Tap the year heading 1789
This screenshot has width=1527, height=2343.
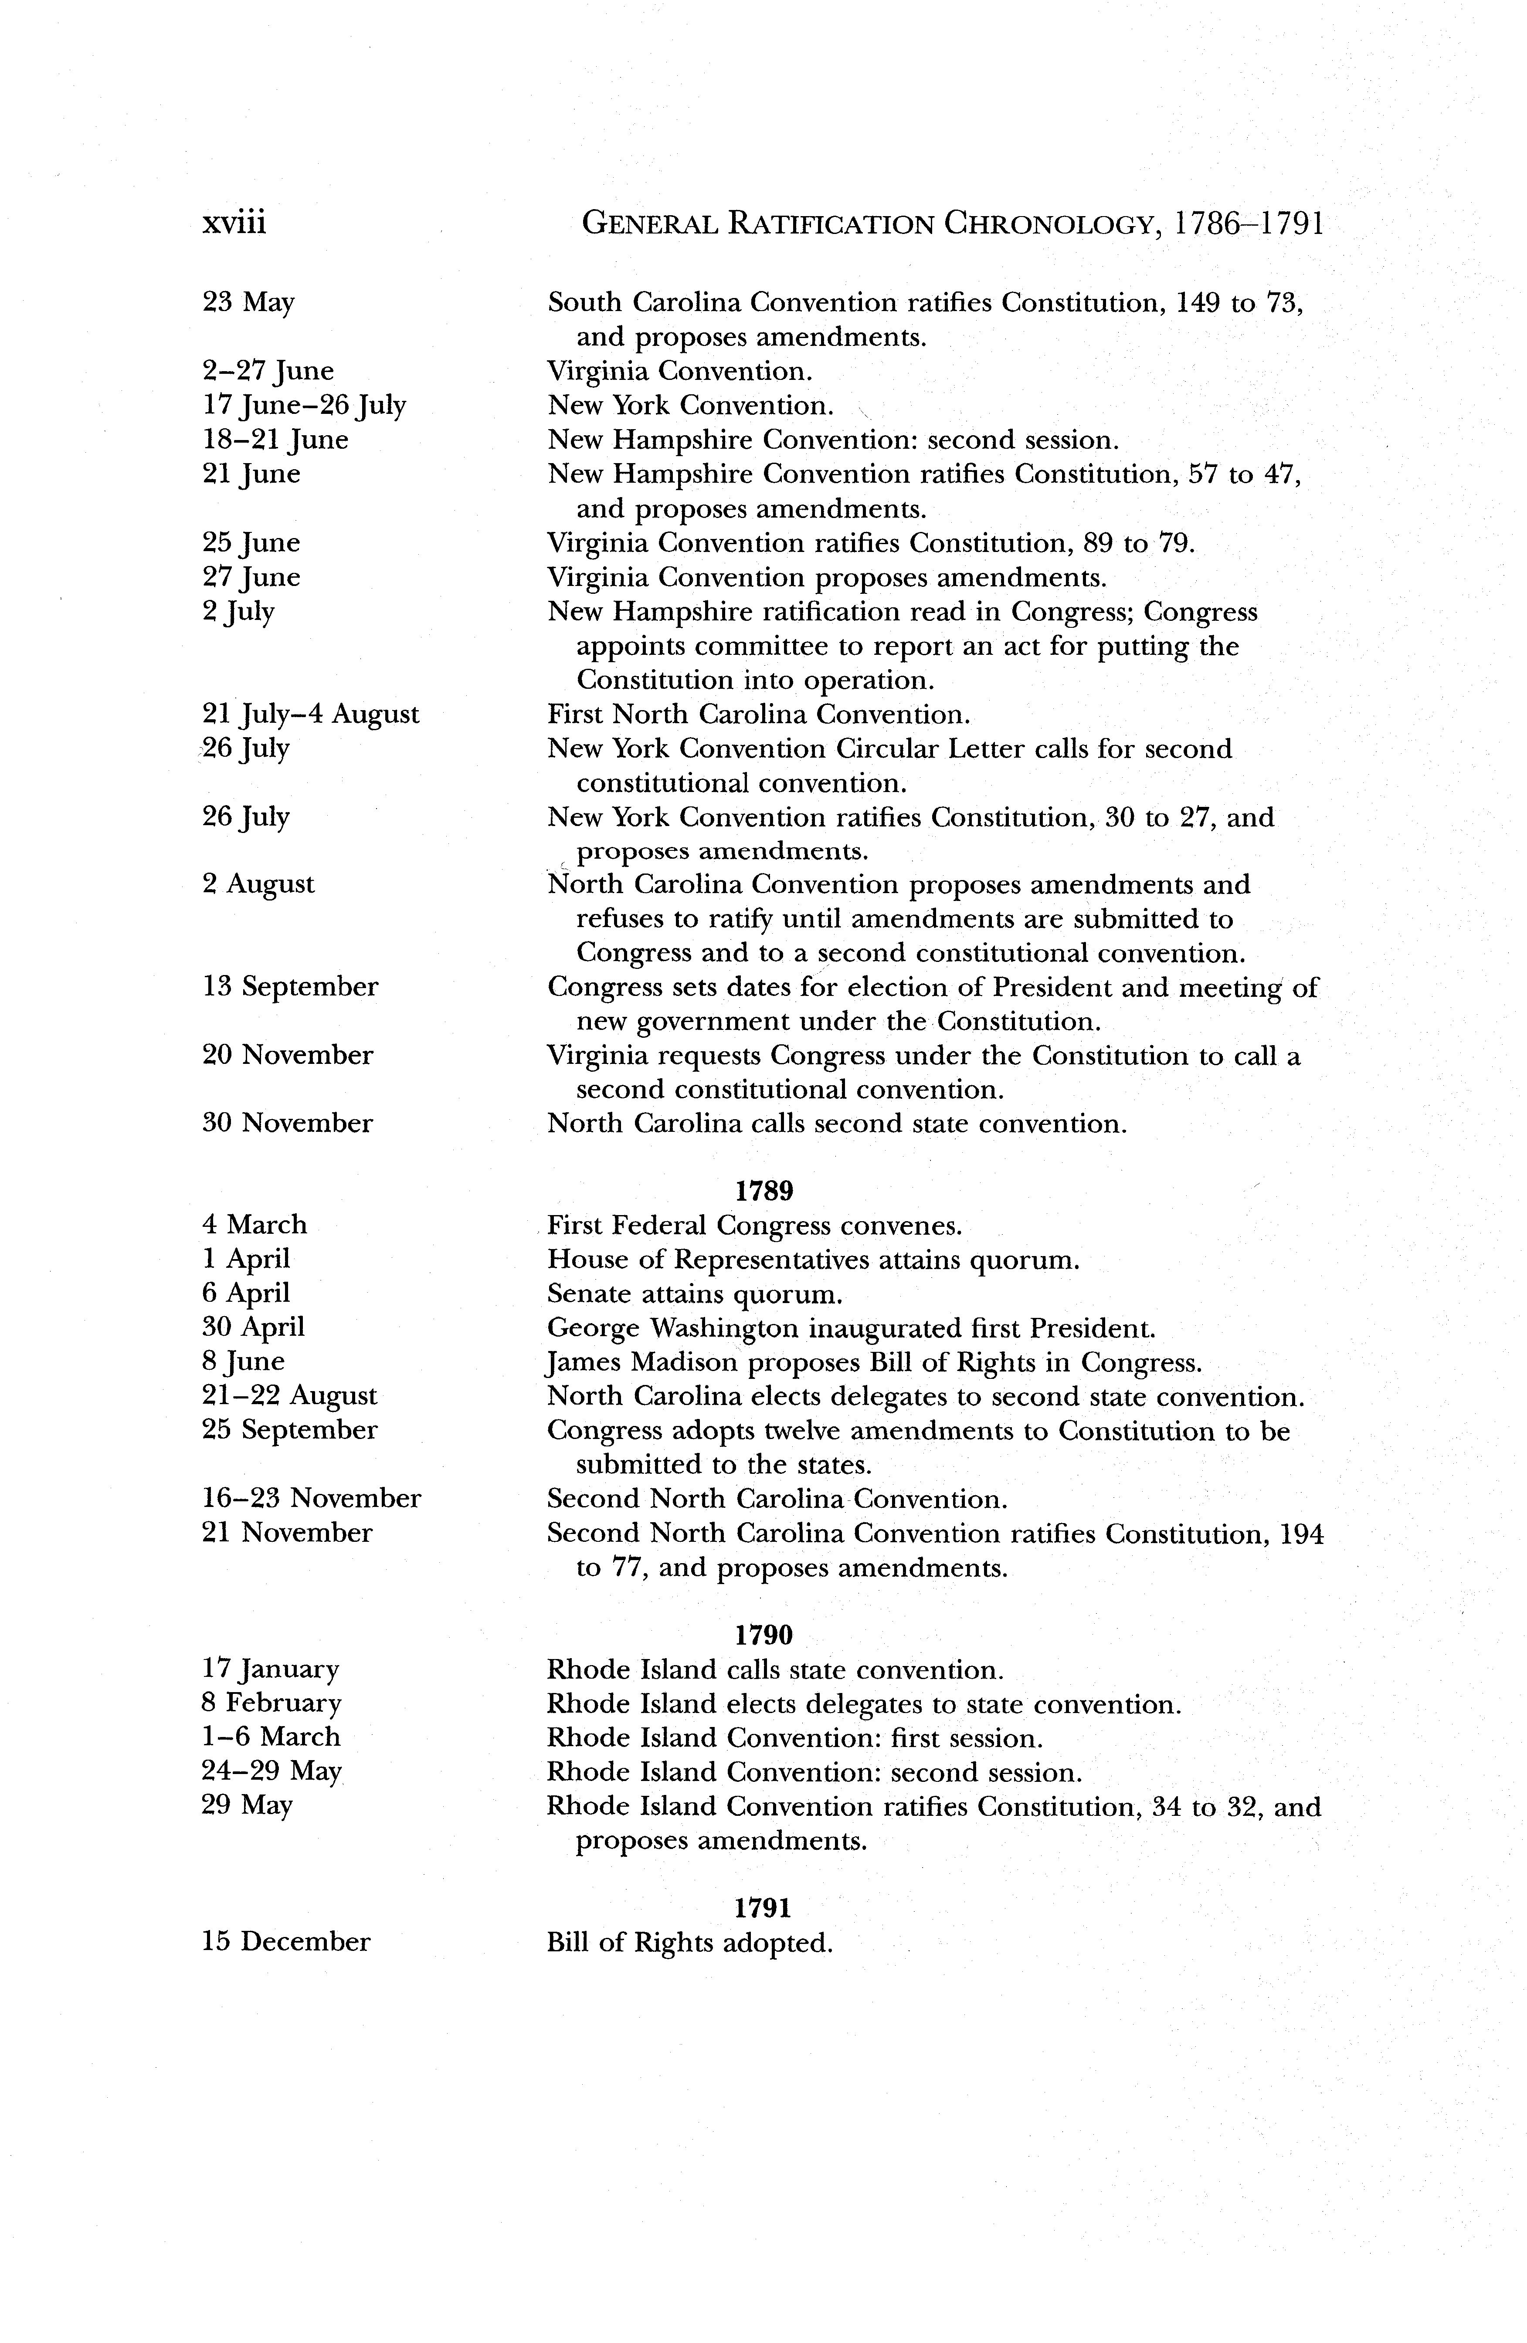click(764, 1191)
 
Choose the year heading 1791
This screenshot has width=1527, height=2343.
click(764, 1908)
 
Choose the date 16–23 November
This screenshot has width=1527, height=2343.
click(311, 1498)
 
